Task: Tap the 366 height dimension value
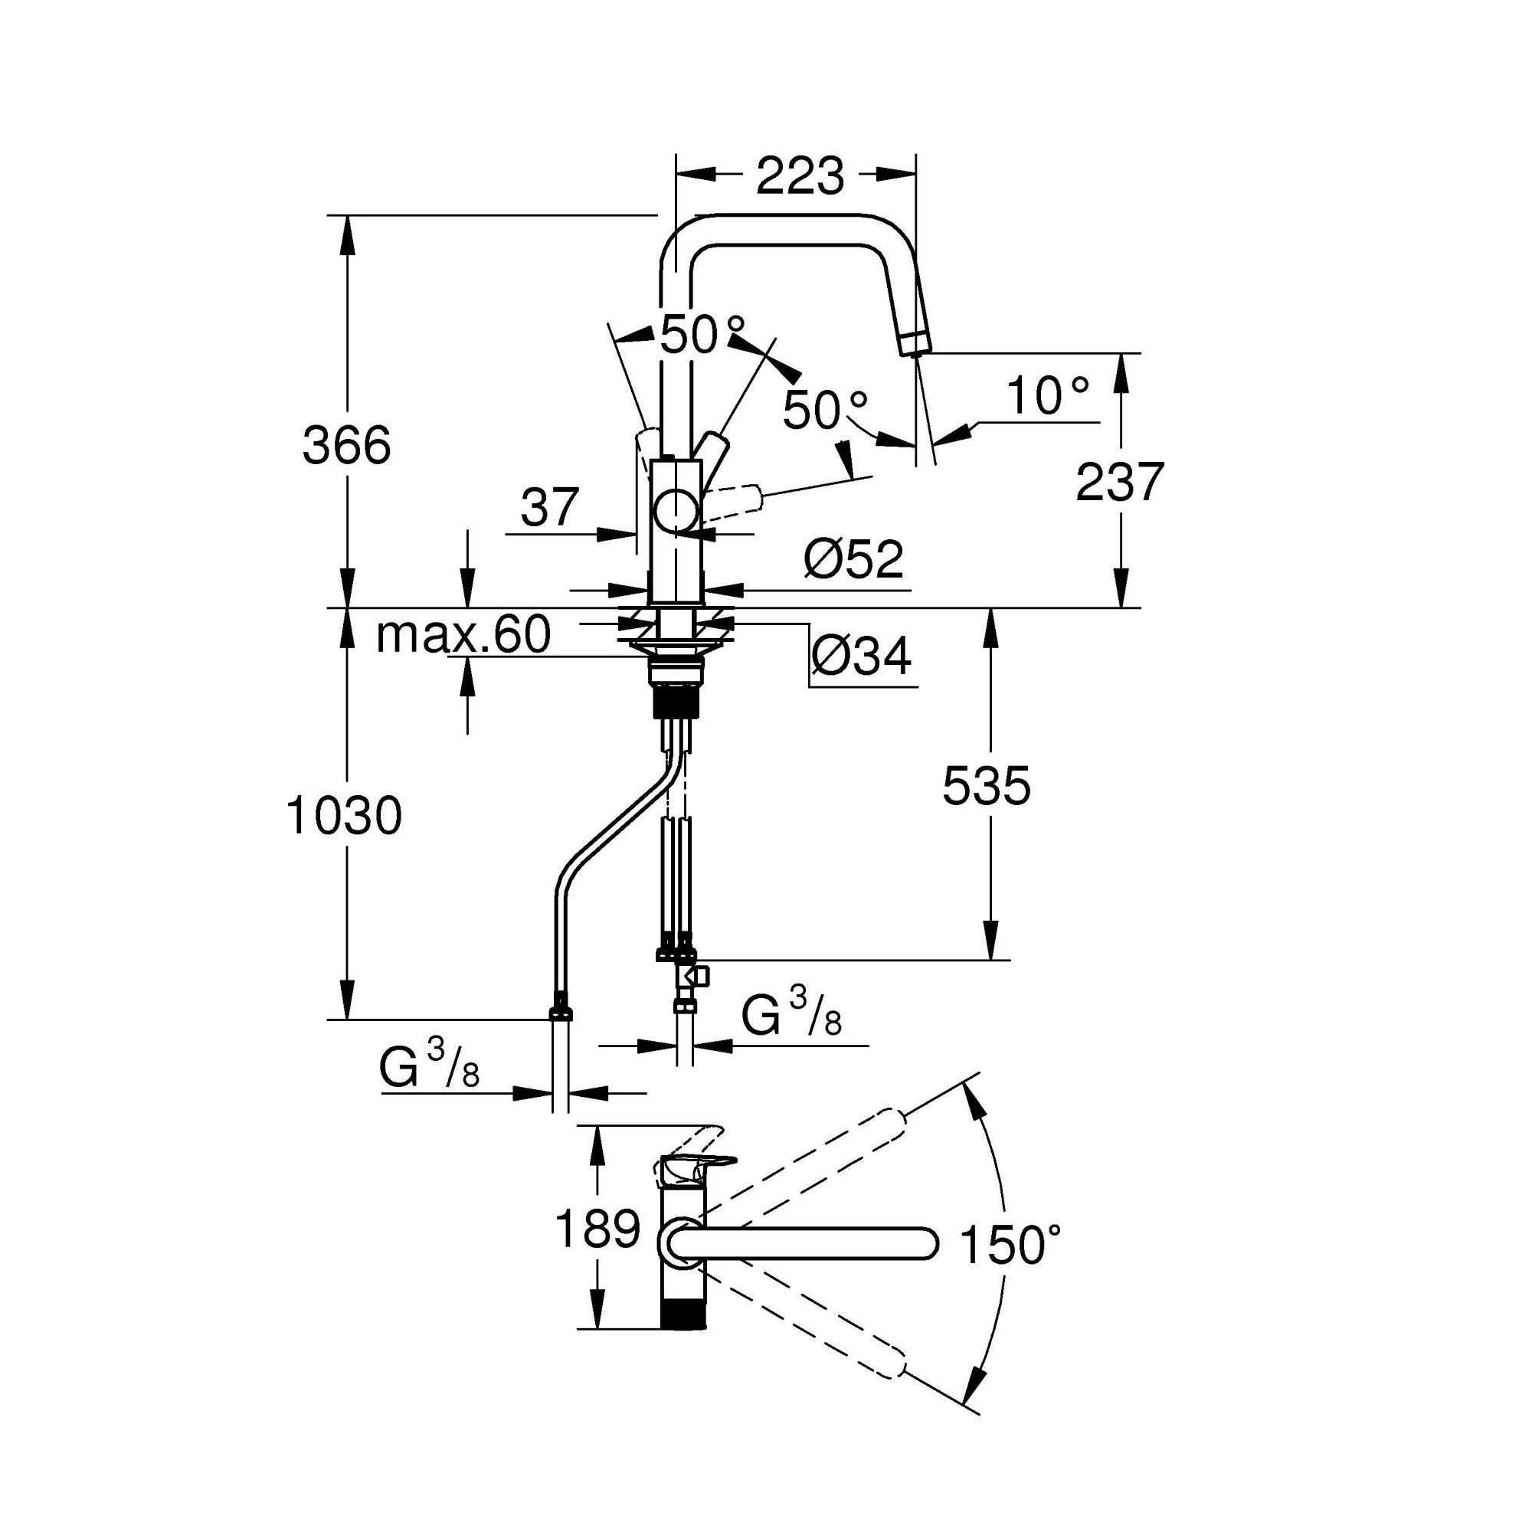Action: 347,446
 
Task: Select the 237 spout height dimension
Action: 1120,481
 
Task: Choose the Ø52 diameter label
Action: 854,559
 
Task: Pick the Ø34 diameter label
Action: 862,656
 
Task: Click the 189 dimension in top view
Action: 597,1229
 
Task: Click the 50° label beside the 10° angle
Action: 827,410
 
